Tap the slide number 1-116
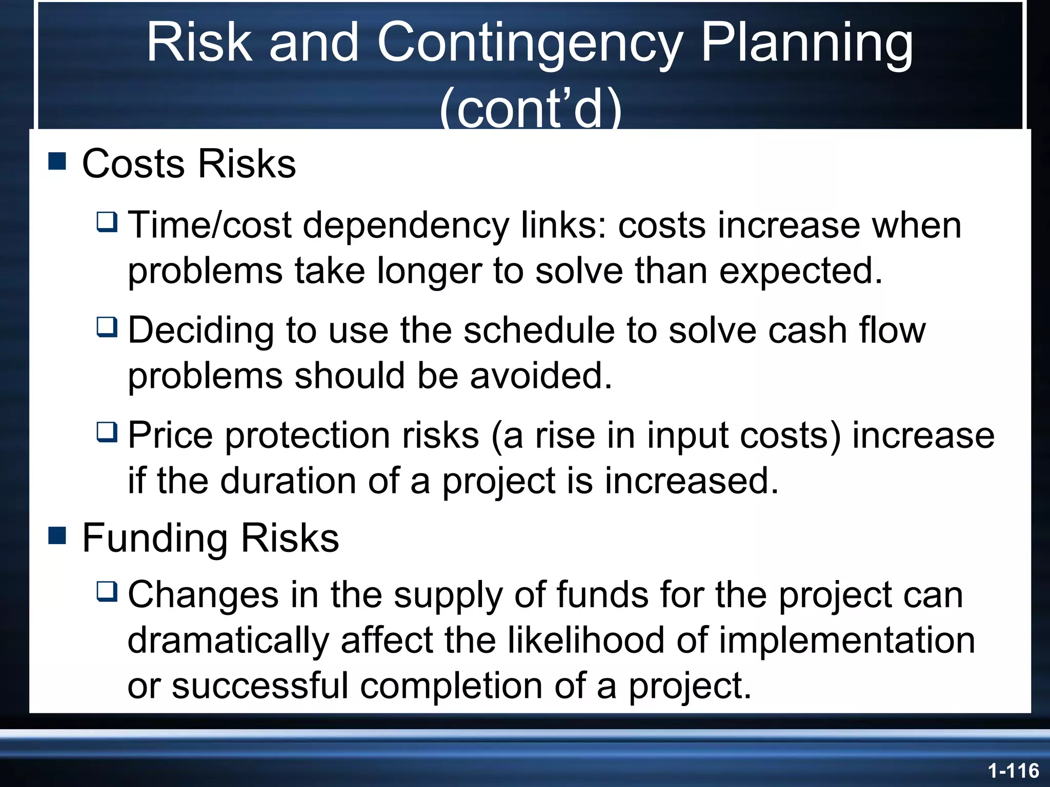tap(1013, 771)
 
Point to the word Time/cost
tap(210, 225)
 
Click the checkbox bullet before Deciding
tap(107, 327)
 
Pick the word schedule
tap(539, 330)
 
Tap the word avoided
tap(541, 376)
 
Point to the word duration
tap(288, 481)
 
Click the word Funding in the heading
tap(155, 539)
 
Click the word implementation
tap(846, 641)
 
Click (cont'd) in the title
tap(530, 109)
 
